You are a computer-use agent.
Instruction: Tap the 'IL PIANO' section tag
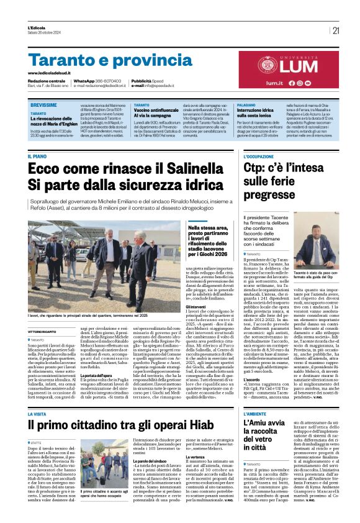pyautogui.click(x=37, y=156)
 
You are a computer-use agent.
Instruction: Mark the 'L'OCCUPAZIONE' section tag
pyautogui.click(x=258, y=157)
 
